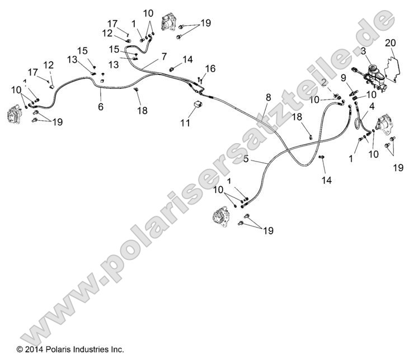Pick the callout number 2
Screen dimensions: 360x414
pos(324,83)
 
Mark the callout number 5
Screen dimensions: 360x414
pos(246,159)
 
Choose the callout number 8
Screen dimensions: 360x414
pos(268,97)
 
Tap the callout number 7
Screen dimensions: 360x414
pos(164,56)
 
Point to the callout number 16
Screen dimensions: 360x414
pos(210,69)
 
